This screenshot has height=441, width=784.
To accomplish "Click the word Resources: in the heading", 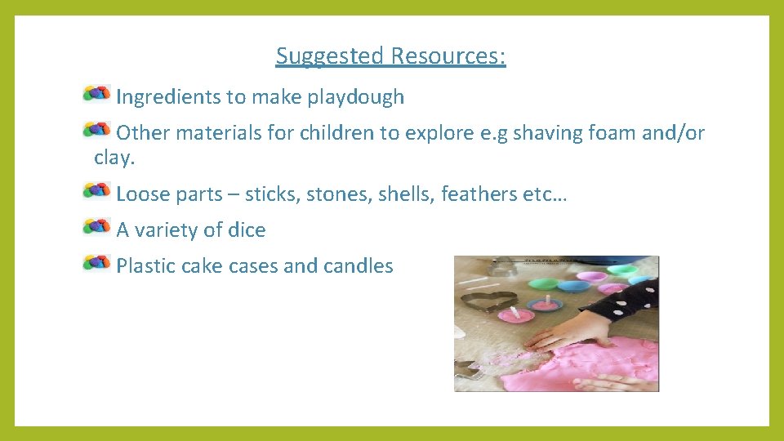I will pos(448,56).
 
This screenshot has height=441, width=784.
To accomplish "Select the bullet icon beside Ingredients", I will pos(96,94).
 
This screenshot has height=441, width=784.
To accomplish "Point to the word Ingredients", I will pos(169,97).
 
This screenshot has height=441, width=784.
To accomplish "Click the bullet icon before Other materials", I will pos(96,130).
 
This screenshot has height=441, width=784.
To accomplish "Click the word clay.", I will pos(114,158).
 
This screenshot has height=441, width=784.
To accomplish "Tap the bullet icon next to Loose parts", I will pos(96,191).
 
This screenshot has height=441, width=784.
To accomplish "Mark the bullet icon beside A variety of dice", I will pos(96,226).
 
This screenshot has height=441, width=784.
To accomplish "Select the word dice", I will pos(247,230).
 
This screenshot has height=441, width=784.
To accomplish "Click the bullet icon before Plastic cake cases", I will pos(96,262).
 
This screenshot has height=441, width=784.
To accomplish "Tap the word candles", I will pos(359,266).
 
